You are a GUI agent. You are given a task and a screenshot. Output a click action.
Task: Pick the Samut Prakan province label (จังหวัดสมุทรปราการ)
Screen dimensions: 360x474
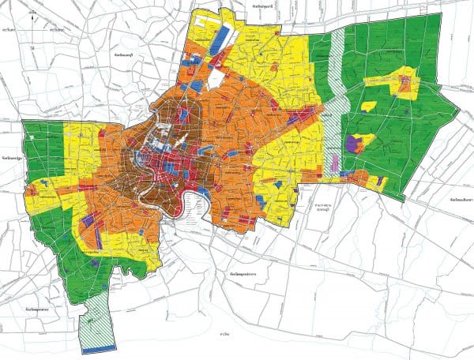(x=246, y=272)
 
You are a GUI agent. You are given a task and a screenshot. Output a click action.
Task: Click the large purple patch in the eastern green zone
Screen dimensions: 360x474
(x=357, y=142)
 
